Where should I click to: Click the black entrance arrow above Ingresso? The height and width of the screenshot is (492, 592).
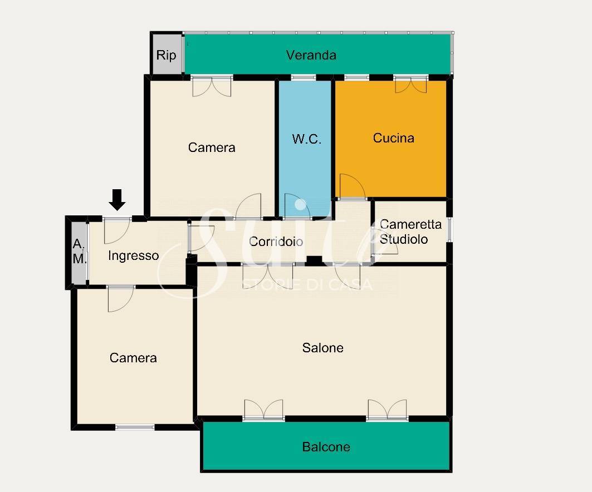(117, 200)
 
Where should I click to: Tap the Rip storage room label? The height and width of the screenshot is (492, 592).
(166, 56)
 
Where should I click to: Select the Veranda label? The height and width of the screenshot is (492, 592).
(311, 55)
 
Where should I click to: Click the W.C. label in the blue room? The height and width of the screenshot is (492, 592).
(306, 139)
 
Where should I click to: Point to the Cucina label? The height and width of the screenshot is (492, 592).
(393, 137)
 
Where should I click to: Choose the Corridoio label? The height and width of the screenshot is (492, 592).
(276, 242)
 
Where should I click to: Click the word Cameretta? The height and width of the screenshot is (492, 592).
(411, 224)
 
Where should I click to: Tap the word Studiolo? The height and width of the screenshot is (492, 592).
(404, 239)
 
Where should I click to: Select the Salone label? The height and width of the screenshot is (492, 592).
(323, 347)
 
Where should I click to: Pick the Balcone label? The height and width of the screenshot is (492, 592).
(326, 447)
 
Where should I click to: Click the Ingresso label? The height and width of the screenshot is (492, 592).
(133, 255)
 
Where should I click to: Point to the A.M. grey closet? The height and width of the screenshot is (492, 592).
(79, 252)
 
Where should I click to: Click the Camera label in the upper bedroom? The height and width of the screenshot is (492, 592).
(212, 147)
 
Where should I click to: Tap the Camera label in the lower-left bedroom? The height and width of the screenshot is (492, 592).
(133, 358)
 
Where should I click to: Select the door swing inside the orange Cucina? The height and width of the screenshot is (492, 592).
(353, 186)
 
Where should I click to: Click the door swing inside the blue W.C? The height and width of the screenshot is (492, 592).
(297, 206)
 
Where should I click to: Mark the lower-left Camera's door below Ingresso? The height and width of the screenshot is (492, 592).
(121, 299)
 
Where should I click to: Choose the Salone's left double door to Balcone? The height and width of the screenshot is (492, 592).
(263, 409)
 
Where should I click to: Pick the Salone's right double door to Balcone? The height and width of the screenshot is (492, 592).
(387, 409)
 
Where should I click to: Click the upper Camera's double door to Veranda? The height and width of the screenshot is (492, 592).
(212, 86)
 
